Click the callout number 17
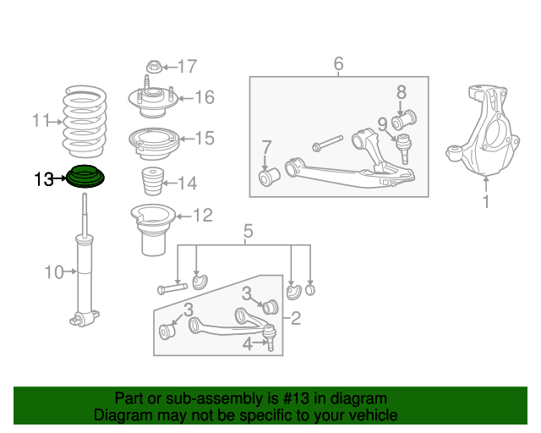[x=187, y=66]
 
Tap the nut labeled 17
[x=154, y=66]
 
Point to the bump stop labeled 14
[x=152, y=184]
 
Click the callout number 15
[x=205, y=138]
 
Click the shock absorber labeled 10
[x=85, y=271]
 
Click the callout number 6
[x=338, y=63]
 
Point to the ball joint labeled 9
[x=403, y=147]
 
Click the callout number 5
[x=248, y=231]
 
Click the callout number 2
[x=296, y=319]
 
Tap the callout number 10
[x=54, y=271]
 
